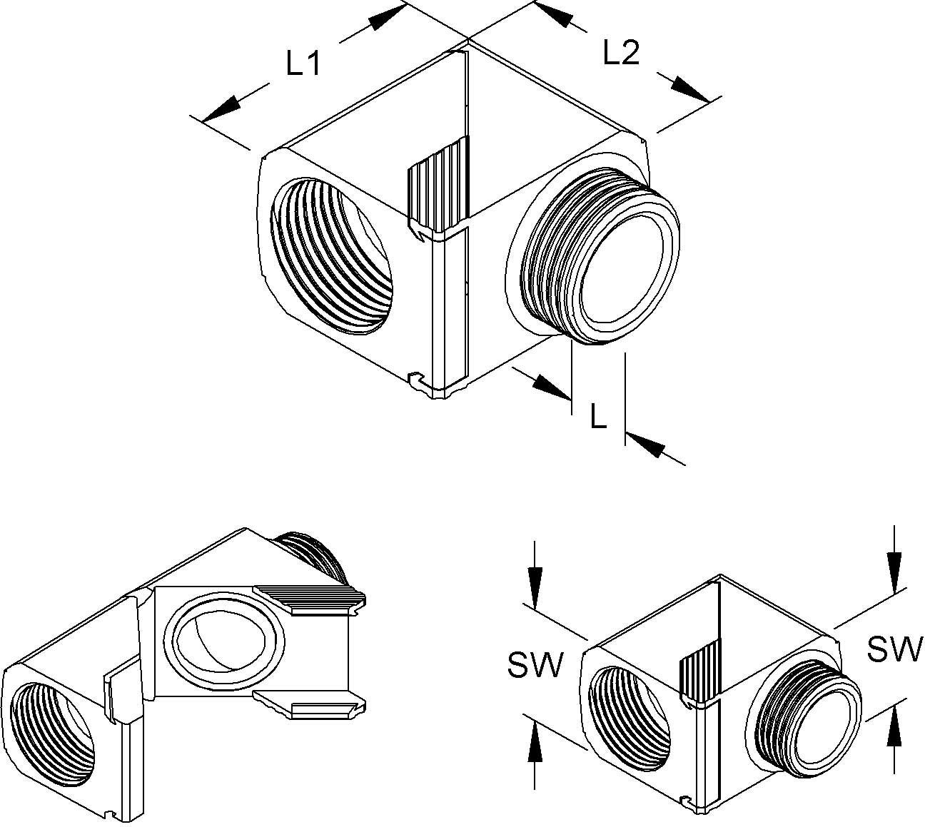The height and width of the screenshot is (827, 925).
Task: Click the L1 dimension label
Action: click(x=302, y=66)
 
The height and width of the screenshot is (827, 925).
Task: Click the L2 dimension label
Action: click(x=621, y=54)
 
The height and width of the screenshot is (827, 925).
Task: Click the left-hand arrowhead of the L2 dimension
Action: click(x=553, y=16)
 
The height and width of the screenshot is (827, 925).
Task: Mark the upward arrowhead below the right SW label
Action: click(x=892, y=728)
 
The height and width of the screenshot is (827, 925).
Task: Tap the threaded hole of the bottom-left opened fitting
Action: click(x=54, y=735)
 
